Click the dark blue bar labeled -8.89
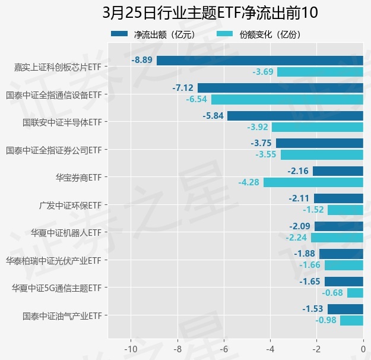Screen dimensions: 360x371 260,60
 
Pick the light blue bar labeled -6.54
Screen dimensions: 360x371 287,100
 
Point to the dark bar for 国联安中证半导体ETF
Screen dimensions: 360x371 295,116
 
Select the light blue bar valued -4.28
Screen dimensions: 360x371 313,182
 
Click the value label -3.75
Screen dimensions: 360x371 261,143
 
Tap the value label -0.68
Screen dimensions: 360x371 332,293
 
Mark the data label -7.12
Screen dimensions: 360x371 183,88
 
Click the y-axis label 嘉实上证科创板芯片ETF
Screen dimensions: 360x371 58,67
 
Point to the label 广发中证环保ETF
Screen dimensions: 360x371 71,205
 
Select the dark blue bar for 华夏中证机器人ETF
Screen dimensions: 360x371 339,226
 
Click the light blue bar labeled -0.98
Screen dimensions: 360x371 351,321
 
